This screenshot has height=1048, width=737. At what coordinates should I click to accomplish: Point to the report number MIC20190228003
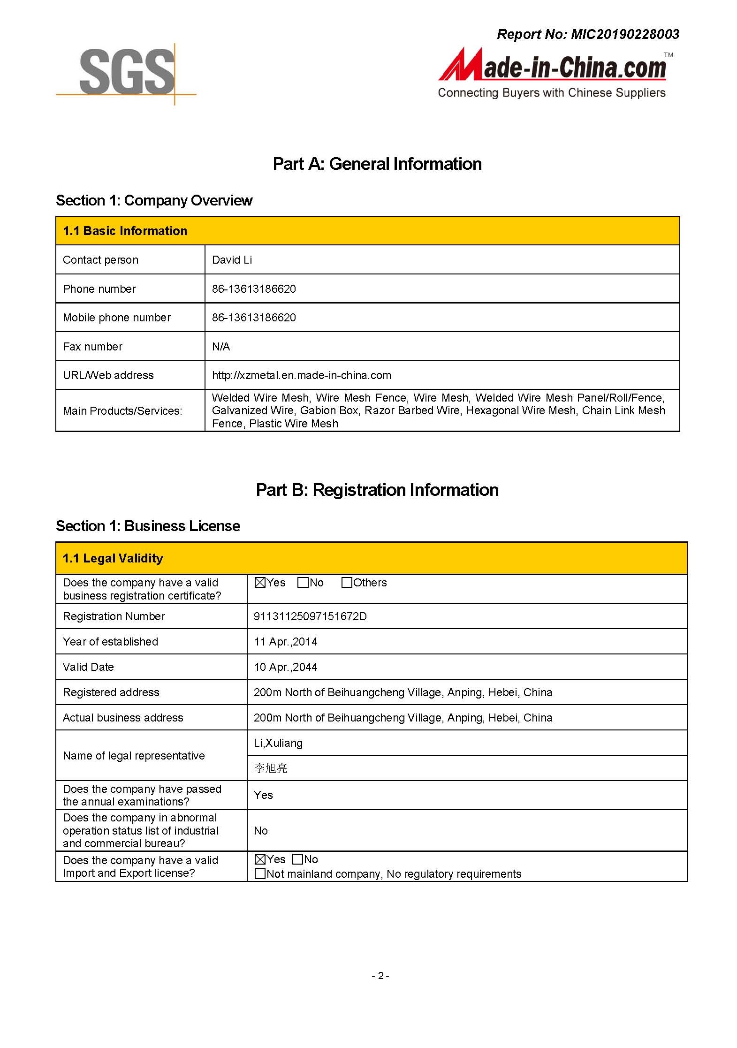(x=588, y=34)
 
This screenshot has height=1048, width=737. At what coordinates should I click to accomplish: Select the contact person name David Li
(x=232, y=260)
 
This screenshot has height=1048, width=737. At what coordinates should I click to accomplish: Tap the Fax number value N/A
(x=221, y=347)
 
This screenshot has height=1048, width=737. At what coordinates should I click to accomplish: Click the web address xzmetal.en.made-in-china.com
(x=301, y=375)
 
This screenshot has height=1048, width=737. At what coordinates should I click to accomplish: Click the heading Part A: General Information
(x=377, y=164)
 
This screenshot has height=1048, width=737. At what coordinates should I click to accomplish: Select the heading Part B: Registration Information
(x=377, y=490)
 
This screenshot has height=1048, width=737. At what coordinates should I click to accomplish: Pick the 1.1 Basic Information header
(x=125, y=231)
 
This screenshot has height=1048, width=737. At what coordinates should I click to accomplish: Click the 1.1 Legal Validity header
(x=113, y=558)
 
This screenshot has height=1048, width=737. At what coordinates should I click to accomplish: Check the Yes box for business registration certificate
(x=260, y=583)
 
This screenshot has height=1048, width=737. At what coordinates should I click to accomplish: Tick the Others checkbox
(x=347, y=583)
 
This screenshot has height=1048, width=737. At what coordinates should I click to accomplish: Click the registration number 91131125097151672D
(x=310, y=616)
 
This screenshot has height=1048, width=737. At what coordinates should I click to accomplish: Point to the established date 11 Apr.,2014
(x=285, y=642)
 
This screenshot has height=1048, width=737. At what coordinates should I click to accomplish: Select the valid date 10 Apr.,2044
(x=285, y=667)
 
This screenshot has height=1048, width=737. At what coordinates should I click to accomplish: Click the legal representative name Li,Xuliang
(x=278, y=743)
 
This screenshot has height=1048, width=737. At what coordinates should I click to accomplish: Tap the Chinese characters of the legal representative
(x=271, y=768)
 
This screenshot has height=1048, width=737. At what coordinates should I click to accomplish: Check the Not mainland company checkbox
(x=260, y=873)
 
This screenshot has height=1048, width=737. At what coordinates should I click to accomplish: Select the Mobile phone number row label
(x=117, y=318)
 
